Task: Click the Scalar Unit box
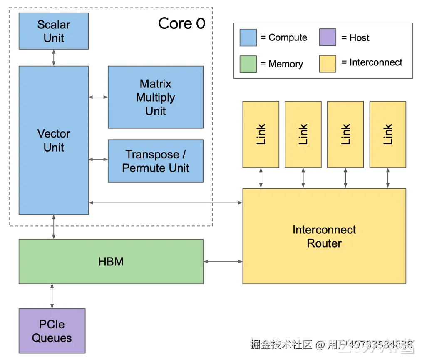tap(54, 31)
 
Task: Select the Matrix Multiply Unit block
tap(156, 97)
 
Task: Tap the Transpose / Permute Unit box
tap(156, 161)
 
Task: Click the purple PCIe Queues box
tap(52, 331)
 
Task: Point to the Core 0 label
tap(182, 23)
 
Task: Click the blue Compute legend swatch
tap(248, 37)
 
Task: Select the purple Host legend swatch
tap(328, 37)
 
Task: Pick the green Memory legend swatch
tap(248, 64)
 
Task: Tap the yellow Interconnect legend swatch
tap(328, 64)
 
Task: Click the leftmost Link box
tap(261, 135)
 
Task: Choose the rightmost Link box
tap(388, 135)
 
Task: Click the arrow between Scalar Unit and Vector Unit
tap(54, 57)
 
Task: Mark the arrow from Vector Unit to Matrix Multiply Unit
tap(98, 97)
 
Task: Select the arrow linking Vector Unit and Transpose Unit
tap(98, 160)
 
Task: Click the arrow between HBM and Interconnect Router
tap(223, 261)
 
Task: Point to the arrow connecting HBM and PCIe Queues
tap(52, 296)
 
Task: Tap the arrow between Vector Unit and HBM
tap(54, 227)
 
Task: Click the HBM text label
tap(111, 262)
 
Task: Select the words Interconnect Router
tap(324, 236)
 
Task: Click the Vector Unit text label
tap(54, 140)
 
